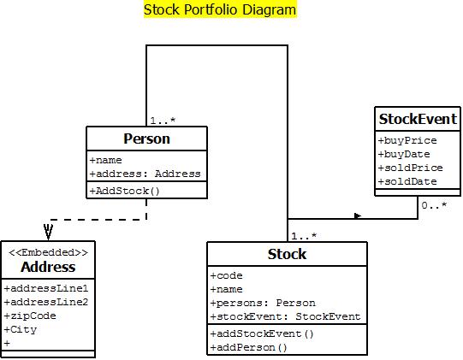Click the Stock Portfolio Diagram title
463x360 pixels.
(220, 10)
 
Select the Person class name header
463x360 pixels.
(146, 139)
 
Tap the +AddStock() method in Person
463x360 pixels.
(125, 190)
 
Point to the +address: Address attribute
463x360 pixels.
(145, 174)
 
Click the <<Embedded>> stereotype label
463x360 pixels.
(48, 252)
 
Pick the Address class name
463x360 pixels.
(48, 267)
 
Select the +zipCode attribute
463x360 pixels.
(31, 316)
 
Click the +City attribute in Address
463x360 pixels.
(21, 329)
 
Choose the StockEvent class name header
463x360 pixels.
(418, 119)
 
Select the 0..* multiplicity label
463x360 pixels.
(434, 206)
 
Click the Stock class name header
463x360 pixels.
(287, 254)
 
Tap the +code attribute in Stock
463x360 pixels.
(227, 275)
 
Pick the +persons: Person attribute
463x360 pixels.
(263, 303)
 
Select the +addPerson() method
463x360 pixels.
(249, 347)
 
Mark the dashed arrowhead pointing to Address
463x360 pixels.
(48, 232)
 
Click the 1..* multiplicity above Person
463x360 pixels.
(163, 121)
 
